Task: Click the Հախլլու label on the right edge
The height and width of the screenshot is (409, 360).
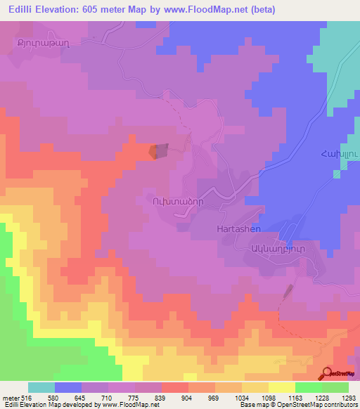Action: [340, 160]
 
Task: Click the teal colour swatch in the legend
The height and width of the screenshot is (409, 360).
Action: [41, 387]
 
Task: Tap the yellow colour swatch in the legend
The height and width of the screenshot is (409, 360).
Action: [282, 387]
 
